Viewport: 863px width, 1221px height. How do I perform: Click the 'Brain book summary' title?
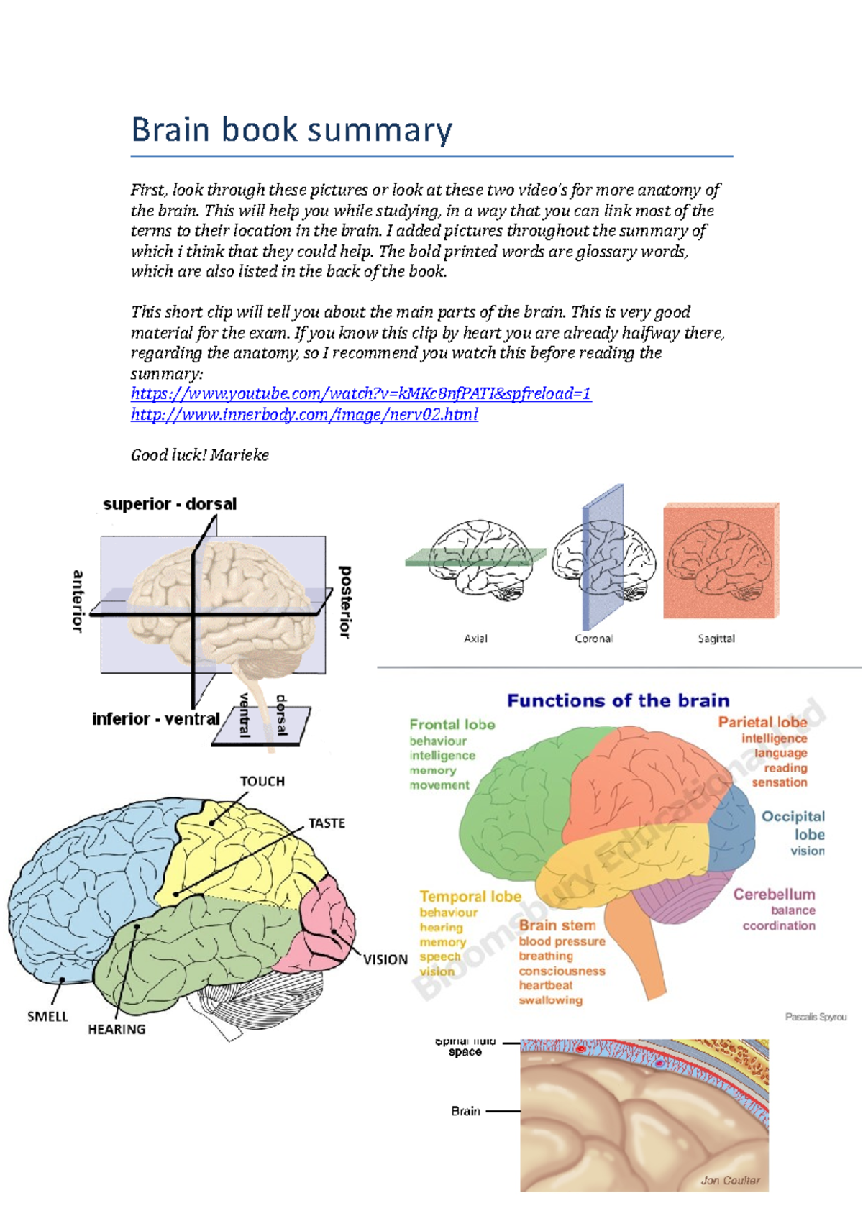(292, 130)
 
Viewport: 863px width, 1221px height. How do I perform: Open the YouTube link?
(360, 393)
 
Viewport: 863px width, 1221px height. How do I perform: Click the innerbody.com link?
(304, 414)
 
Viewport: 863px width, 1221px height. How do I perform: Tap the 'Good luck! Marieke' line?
(199, 455)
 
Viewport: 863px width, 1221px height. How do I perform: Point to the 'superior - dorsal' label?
(170, 504)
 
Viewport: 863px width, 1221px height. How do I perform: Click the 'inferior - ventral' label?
(155, 719)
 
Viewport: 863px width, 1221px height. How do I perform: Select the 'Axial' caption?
(475, 639)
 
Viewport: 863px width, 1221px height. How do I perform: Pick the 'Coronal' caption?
(594, 639)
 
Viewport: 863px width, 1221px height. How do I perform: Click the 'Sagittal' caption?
(716, 639)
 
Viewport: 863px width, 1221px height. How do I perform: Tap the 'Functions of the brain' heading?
(618, 700)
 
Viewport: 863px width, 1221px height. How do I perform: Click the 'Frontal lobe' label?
(452, 725)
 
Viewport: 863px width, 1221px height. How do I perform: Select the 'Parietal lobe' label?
(762, 722)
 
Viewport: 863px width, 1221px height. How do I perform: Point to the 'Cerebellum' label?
(774, 895)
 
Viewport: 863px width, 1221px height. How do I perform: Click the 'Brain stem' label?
(557, 925)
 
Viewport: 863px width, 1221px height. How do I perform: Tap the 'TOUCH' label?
(262, 782)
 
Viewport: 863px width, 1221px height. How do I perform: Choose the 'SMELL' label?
(47, 1017)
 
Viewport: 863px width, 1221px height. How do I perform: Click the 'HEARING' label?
(117, 1030)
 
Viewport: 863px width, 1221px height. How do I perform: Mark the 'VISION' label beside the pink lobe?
(385, 960)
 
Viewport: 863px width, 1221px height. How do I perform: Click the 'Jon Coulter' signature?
(730, 1180)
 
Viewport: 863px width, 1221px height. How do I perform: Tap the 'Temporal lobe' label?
(470, 897)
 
